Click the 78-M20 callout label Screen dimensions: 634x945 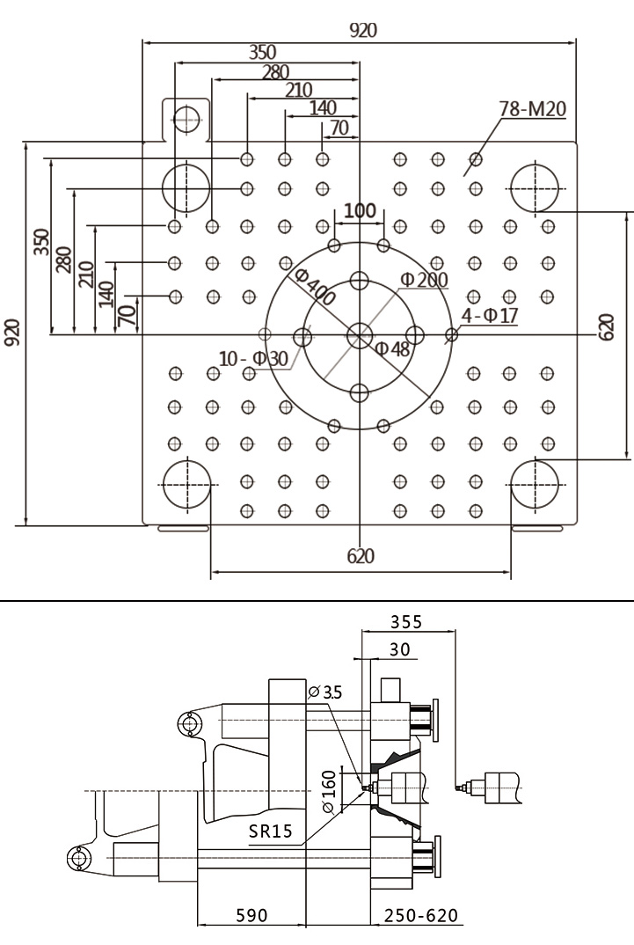533,109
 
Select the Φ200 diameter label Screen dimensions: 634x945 425,280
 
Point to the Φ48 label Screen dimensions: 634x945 392,348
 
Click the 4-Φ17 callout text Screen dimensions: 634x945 490,315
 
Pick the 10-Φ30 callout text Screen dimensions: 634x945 253,359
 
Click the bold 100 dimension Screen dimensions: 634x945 360,211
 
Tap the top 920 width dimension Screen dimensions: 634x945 363,30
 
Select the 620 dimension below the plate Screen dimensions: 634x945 361,556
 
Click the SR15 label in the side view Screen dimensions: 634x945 270,831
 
